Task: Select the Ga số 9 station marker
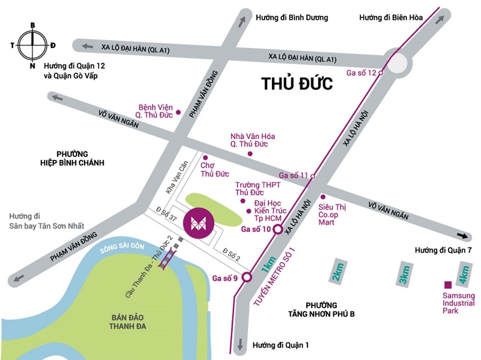point(246,277)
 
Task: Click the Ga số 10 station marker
point(278,230)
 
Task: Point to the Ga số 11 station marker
point(313,176)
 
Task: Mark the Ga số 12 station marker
point(381,73)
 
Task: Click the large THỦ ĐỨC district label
point(297,84)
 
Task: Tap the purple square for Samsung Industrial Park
point(448,285)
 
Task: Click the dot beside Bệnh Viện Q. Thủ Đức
point(179,112)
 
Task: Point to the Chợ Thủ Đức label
point(214,170)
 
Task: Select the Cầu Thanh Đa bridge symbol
point(169,259)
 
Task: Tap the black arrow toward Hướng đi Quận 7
point(463,236)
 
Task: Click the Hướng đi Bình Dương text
point(292,18)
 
